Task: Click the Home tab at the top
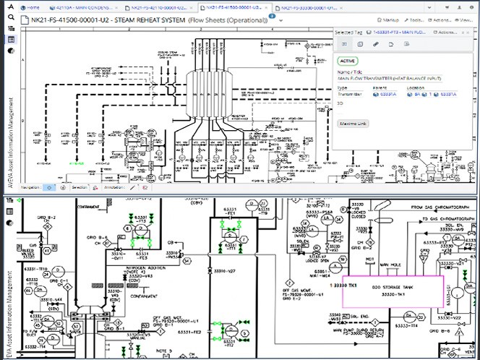[x=32, y=7]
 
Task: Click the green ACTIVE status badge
[x=348, y=61]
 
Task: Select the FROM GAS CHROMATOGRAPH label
[x=440, y=207]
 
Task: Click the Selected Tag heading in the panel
[x=344, y=32]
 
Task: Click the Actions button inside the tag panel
[x=447, y=33]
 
